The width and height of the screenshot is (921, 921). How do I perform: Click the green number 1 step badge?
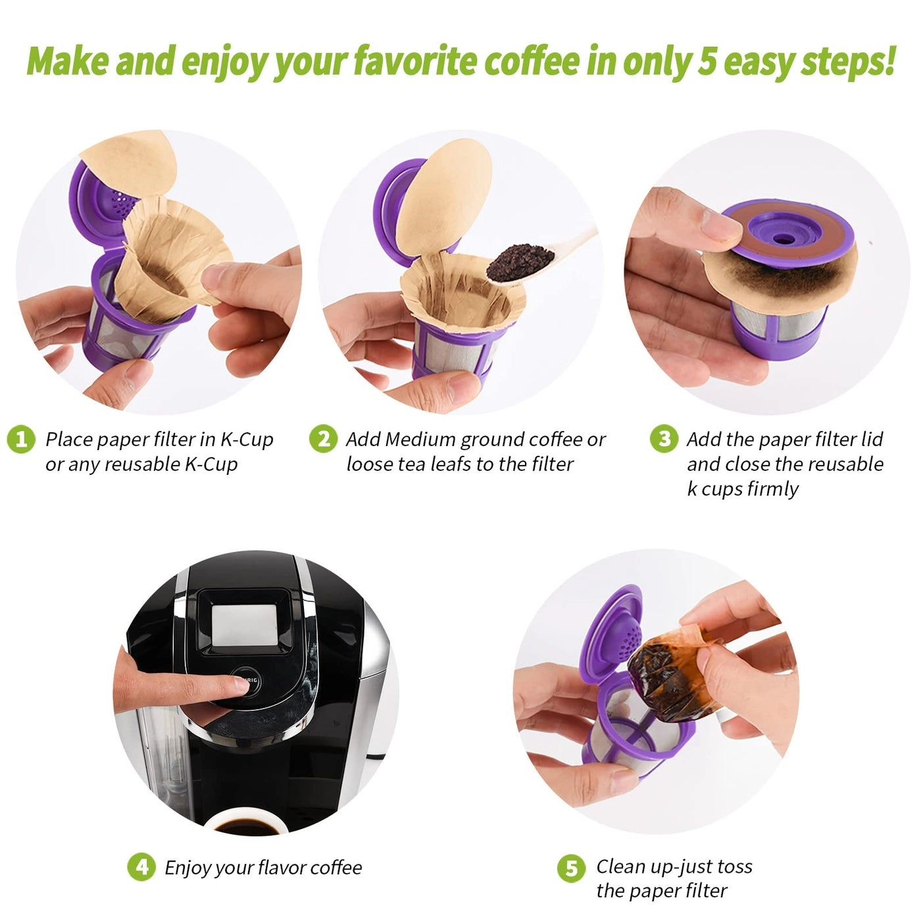[x=21, y=439]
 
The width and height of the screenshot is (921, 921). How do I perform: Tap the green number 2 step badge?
[x=322, y=439]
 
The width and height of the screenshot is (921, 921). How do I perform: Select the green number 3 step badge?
[x=664, y=439]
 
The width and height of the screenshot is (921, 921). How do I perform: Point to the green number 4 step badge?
[x=141, y=867]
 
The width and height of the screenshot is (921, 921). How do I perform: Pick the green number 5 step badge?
[x=570, y=868]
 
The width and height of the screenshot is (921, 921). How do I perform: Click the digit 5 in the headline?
[x=706, y=61]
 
